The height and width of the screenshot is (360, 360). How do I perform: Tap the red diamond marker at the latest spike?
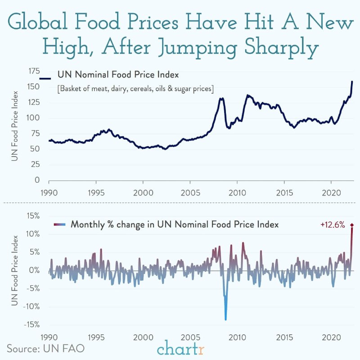pyautogui.click(x=352, y=225)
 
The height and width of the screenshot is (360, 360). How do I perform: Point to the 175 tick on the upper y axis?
pyautogui.click(x=34, y=71)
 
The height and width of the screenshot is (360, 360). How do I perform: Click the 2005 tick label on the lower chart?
pyautogui.click(x=190, y=337)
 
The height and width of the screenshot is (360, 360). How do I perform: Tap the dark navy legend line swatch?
pyautogui.click(x=46, y=78)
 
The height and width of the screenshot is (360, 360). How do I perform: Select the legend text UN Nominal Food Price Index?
pyautogui.click(x=117, y=75)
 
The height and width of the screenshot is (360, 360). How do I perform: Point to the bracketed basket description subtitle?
pyautogui.click(x=135, y=88)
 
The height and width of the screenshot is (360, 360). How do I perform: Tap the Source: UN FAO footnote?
pyautogui.click(x=45, y=348)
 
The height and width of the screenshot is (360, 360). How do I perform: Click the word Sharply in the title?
pyautogui.click(x=275, y=47)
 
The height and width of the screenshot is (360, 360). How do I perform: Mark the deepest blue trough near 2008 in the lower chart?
pyautogui.click(x=225, y=319)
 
